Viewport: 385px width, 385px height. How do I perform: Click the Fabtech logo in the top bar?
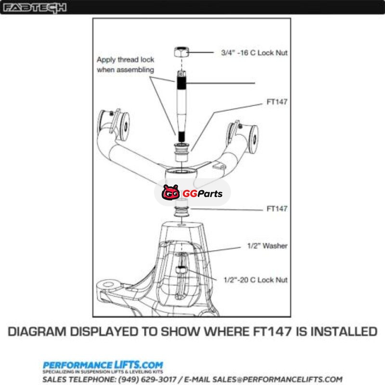point(35,8)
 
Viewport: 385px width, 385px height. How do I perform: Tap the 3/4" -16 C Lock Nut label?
point(254,53)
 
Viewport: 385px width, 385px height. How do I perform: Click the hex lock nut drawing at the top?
point(181,52)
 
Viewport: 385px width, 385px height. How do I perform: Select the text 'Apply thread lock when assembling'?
point(126,64)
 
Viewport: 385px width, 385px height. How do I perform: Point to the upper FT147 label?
point(277,102)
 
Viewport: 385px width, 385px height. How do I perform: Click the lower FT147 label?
point(277,209)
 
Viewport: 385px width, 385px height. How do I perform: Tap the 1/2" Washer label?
point(268,246)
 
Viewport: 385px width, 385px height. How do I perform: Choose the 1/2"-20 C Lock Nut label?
point(256,280)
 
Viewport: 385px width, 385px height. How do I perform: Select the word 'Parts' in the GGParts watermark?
point(210,194)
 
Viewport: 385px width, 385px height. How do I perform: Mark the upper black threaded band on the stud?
point(181,83)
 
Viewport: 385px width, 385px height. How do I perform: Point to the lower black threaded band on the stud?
point(181,137)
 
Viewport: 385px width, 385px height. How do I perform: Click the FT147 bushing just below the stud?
point(181,152)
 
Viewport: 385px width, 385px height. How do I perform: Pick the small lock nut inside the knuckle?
point(181,270)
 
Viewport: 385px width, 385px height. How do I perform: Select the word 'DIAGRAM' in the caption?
point(37,332)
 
